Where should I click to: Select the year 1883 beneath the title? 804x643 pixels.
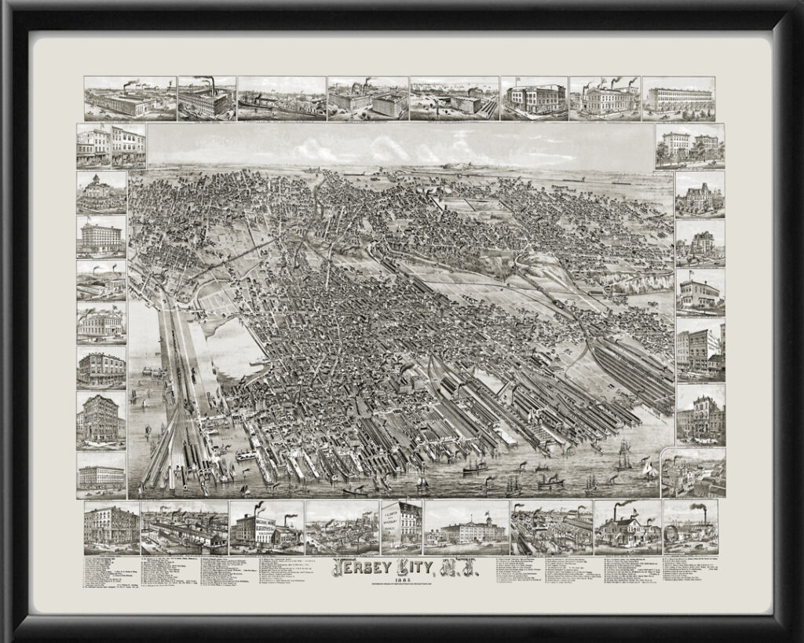(402, 579)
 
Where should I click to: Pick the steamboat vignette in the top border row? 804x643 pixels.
(281, 99)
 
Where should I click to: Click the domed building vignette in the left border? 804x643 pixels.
(101, 192)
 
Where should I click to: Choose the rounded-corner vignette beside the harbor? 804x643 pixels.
(693, 473)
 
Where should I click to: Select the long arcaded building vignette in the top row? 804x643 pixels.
(678, 99)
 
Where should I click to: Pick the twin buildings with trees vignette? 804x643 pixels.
(689, 146)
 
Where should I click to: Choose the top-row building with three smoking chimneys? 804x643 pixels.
(604, 99)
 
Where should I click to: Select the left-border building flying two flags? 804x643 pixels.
(101, 323)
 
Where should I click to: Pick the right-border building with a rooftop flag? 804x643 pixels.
(700, 292)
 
